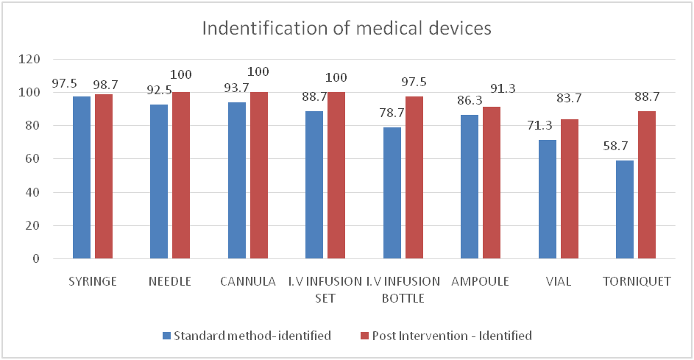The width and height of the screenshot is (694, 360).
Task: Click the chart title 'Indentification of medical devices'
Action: pyautogui.click(x=347, y=29)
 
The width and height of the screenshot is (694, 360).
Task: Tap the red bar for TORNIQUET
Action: pyautogui.click(x=646, y=185)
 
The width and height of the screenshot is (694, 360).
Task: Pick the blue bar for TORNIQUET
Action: pyautogui.click(x=625, y=210)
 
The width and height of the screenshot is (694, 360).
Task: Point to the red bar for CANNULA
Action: pyautogui.click(x=258, y=175)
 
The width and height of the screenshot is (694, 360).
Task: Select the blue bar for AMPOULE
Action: pyautogui.click(x=470, y=187)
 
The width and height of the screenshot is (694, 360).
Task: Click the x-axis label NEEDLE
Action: pyautogui.click(x=169, y=281)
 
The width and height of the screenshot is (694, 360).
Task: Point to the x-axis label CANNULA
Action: pyautogui.click(x=248, y=281)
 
